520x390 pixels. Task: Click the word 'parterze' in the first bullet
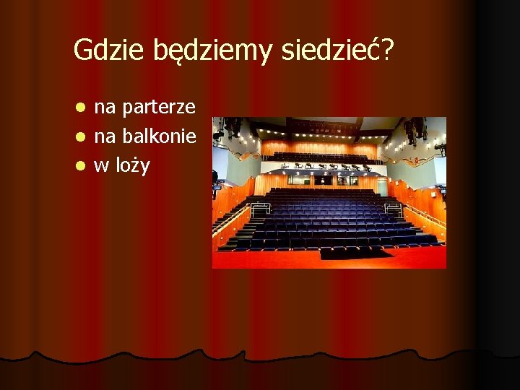[159, 108]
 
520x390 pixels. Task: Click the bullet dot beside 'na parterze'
[82, 108]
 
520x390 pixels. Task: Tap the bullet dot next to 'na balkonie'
[82, 136]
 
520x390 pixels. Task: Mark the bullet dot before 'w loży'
[82, 165]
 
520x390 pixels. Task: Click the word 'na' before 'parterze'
[105, 108]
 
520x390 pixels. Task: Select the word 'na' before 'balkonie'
[105, 136]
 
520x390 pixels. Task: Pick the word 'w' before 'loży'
[102, 165]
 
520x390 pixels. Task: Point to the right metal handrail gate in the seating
[394, 209]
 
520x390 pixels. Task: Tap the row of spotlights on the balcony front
[329, 166]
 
